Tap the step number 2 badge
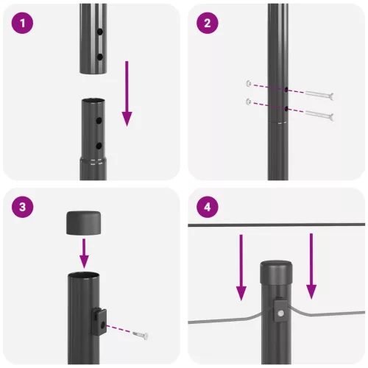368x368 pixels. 208,24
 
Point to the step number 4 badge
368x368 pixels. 208,207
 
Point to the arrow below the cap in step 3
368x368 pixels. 84,254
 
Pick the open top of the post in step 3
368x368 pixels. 84,275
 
